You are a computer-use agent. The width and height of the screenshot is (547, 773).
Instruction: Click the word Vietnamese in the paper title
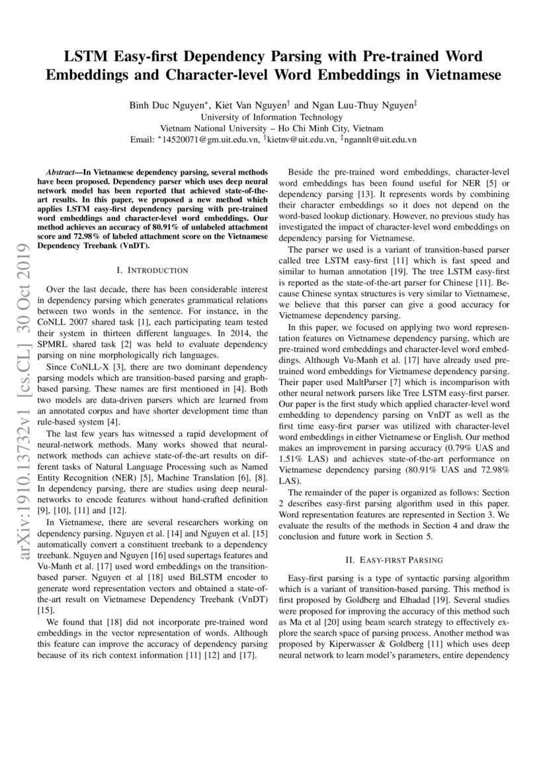[460, 75]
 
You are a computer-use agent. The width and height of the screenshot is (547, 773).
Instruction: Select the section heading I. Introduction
[152, 270]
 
